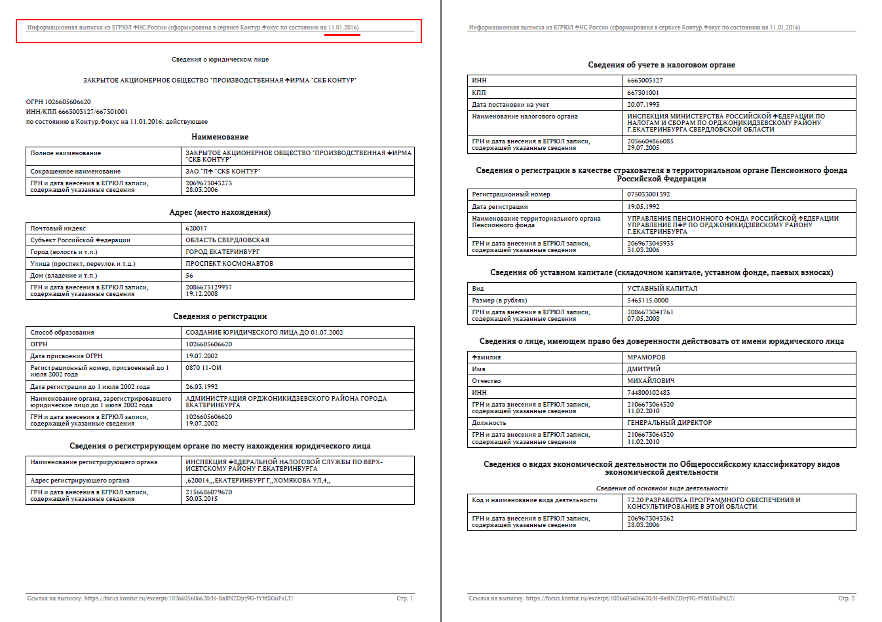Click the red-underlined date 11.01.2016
pos(343,27)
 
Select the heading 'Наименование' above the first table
pos(220,137)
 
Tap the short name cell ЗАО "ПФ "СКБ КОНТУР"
pos(223,172)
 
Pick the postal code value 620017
pos(196,229)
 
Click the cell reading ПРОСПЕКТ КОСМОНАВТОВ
pos(229,264)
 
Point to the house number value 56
pos(189,276)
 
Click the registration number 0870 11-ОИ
pos(203,368)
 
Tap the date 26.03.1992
pos(202,387)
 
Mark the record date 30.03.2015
pos(202,499)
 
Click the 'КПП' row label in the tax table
pos(479,93)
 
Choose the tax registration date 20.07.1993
pos(643,105)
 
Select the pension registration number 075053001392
pos(649,194)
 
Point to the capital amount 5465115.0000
pos(648,301)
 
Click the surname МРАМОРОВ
pos(646,357)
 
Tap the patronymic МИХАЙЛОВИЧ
pos(651,381)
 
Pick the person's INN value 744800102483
pos(649,393)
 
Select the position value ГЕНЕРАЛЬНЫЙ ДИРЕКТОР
pos(669,423)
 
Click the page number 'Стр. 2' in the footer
pos(846,598)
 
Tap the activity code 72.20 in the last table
pos(636,500)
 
